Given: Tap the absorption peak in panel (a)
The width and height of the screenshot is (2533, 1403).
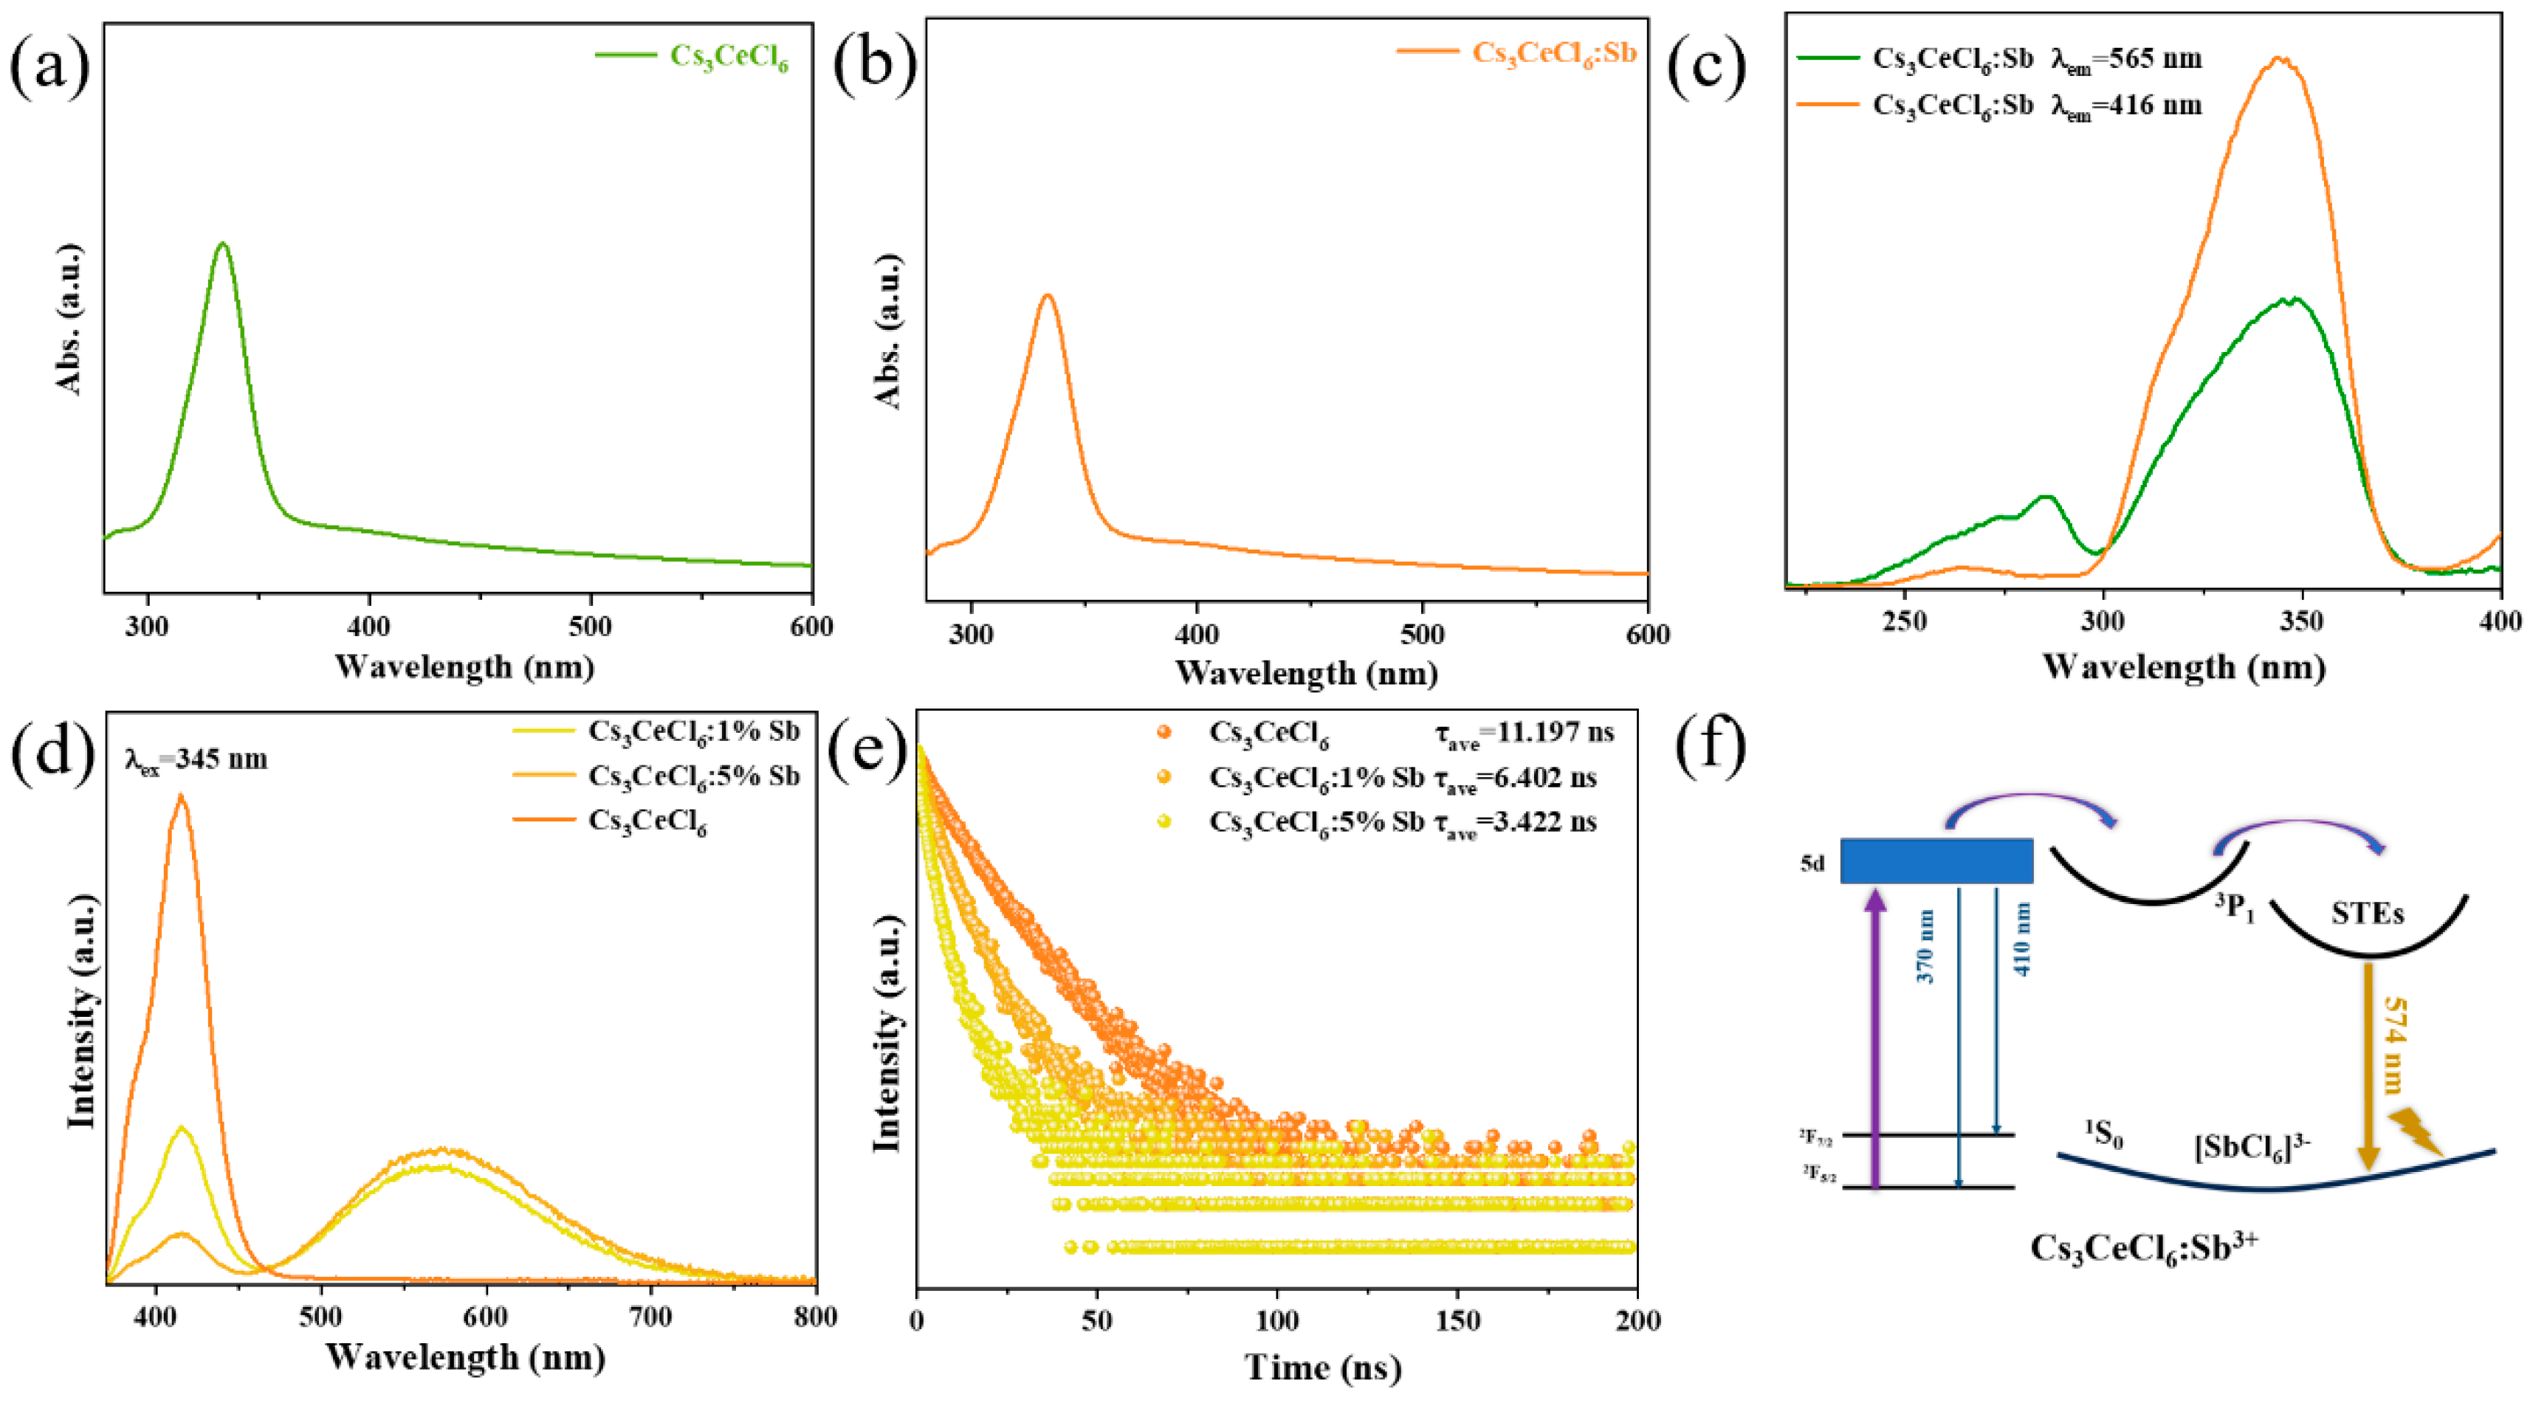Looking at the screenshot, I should point(222,244).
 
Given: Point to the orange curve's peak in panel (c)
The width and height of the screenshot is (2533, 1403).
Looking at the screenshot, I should point(2279,59).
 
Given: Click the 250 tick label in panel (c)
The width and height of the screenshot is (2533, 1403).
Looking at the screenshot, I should point(1905,621).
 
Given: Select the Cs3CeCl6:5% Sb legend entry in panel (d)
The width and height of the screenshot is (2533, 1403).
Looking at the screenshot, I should point(694,776).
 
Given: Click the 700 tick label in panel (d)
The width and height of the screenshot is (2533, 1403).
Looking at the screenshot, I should point(652,1317).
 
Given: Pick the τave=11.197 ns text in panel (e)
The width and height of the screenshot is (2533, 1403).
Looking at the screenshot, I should point(1519,732).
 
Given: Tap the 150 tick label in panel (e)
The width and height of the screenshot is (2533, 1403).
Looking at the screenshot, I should point(1457,1320).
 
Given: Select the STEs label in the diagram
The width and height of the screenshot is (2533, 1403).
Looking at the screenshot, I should point(2367,914).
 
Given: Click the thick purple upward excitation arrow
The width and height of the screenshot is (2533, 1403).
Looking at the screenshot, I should point(1875,1033).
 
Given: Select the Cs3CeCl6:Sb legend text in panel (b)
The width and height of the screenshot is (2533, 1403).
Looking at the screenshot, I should point(1553,53).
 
